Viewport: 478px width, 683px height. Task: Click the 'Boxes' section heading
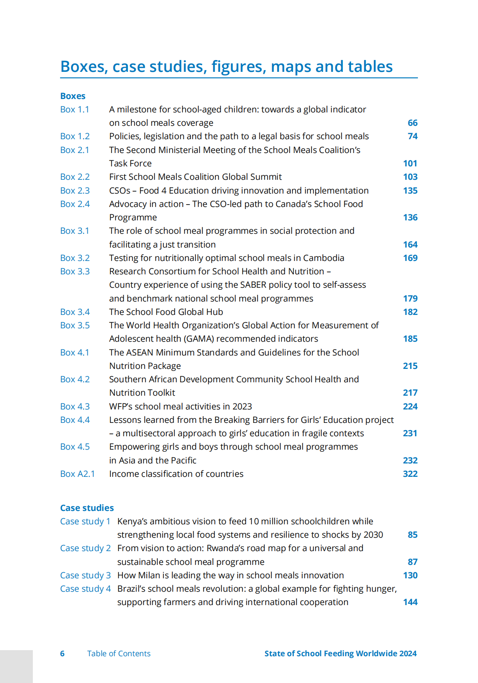click(x=73, y=96)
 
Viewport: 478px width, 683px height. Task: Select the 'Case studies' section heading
click(x=87, y=508)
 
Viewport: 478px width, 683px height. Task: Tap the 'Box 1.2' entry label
click(x=75, y=136)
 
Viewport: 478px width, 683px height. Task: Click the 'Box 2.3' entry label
click(x=75, y=191)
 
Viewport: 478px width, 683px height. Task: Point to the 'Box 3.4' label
click(x=75, y=312)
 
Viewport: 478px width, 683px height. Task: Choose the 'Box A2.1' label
click(x=77, y=474)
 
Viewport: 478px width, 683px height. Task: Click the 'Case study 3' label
click(x=85, y=575)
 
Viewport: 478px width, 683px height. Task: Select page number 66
click(x=412, y=123)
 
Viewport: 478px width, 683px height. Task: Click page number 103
click(x=410, y=177)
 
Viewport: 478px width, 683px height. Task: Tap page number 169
click(x=410, y=258)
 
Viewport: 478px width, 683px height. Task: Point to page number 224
click(x=410, y=407)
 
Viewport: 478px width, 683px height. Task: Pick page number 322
click(x=410, y=474)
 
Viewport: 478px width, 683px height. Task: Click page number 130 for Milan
click(x=410, y=575)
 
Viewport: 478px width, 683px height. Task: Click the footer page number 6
click(x=62, y=654)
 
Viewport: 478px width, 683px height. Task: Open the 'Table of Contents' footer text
click(x=118, y=654)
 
